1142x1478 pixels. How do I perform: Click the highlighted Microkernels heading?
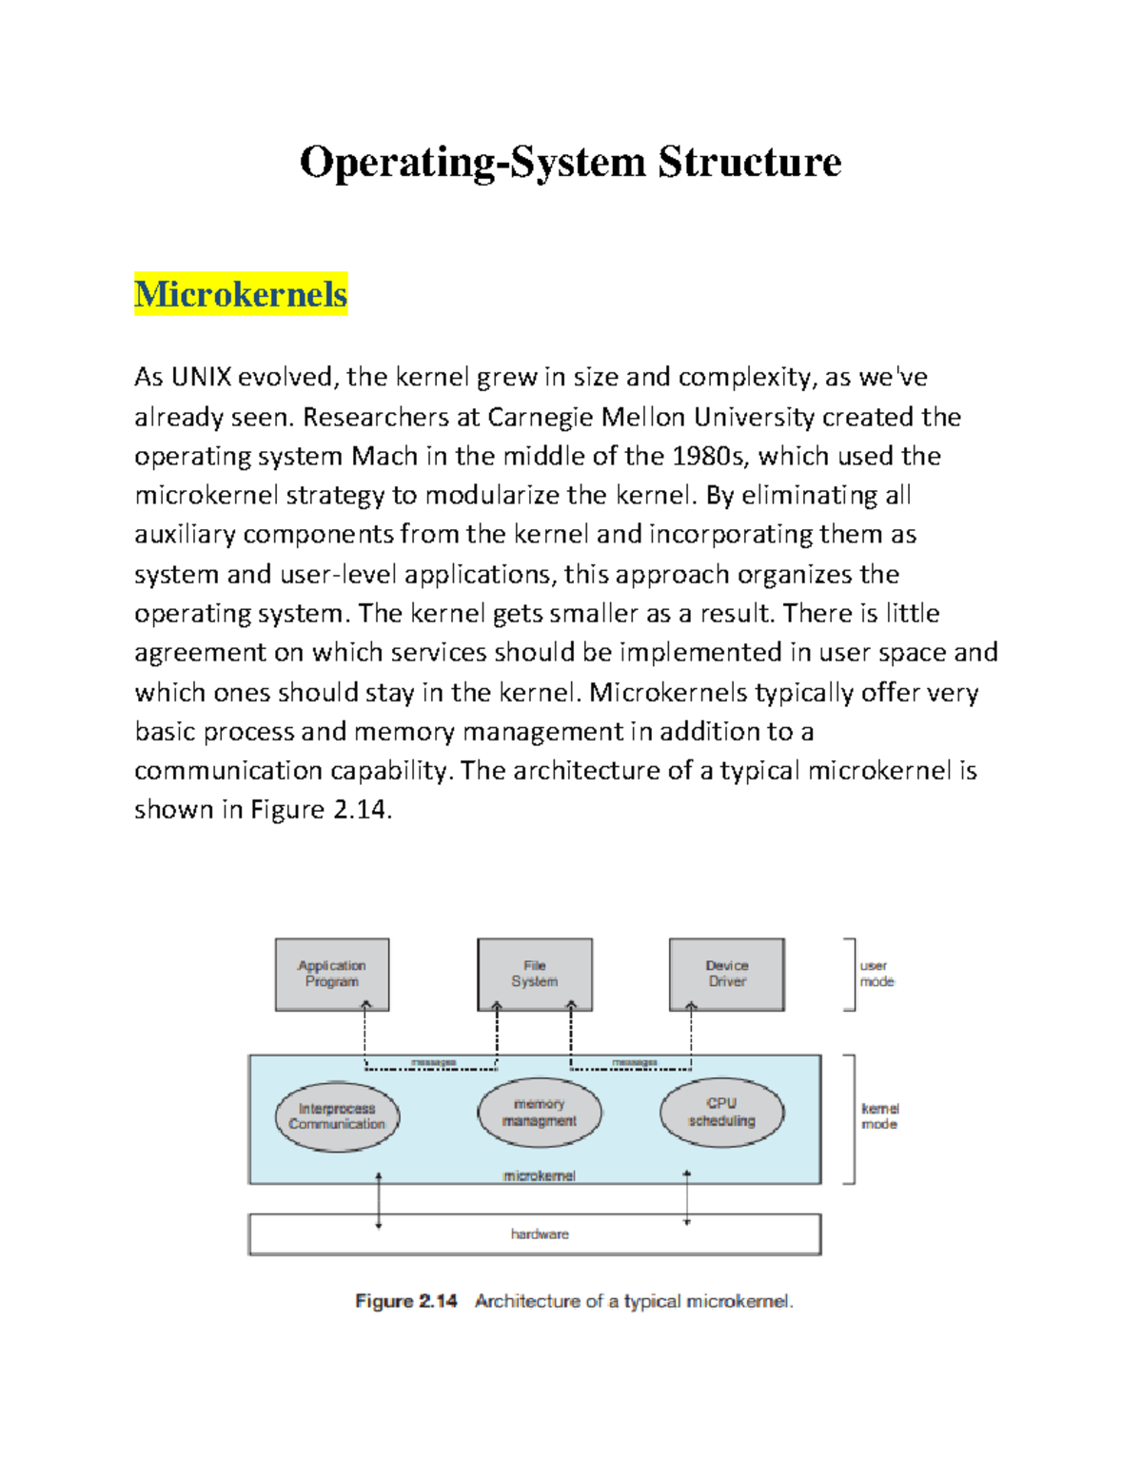coord(241,294)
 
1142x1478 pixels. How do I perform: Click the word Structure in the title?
coord(750,162)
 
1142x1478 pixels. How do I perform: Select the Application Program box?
coord(332,974)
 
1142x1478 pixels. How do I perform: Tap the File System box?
coord(535,974)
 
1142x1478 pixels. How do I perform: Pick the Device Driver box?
coord(727,974)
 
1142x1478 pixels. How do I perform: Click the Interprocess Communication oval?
coord(337,1116)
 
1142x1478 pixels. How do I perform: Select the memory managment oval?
coord(540,1113)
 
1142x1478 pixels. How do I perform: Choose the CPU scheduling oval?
coord(722,1112)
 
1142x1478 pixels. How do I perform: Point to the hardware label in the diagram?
coord(540,1234)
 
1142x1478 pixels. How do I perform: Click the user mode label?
coord(876,974)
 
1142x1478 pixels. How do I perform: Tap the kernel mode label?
coord(879,1116)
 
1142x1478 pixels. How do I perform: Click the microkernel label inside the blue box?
coord(540,1176)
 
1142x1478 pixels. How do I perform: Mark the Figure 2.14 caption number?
coord(406,1301)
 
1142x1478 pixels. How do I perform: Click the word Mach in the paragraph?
coord(384,457)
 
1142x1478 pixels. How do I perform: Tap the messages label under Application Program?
coord(433,1062)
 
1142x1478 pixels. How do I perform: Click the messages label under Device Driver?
coord(635,1062)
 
